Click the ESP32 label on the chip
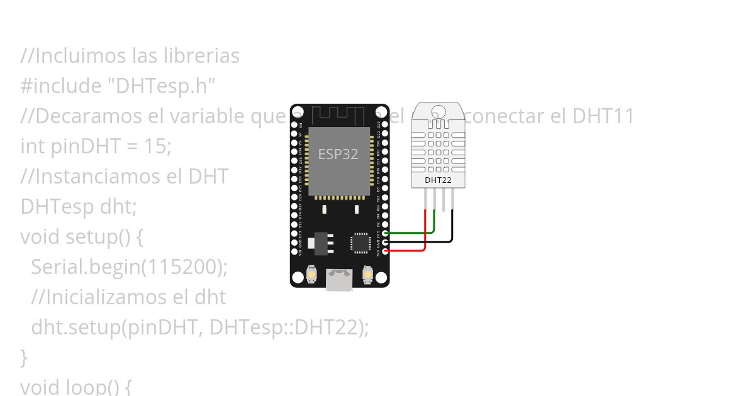pyautogui.click(x=338, y=154)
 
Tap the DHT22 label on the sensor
pyautogui.click(x=438, y=180)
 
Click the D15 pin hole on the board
pyautogui.click(x=384, y=233)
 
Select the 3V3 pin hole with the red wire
pyautogui.click(x=384, y=251)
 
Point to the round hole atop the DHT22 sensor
pyautogui.click(x=439, y=112)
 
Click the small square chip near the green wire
pyautogui.click(x=361, y=243)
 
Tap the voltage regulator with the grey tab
pyautogui.click(x=322, y=243)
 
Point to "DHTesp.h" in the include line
pyautogui.click(x=165, y=86)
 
